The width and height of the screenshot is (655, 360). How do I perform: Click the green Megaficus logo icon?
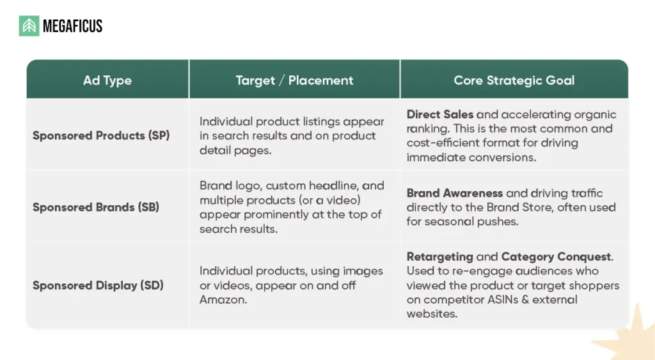pos(29,26)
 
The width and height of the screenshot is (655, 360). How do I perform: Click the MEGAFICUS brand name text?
pos(72,26)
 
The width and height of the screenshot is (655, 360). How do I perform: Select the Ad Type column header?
pos(107,81)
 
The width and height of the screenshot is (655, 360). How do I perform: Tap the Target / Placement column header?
pos(294,81)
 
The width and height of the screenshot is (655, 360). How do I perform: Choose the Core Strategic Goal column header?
pos(514,81)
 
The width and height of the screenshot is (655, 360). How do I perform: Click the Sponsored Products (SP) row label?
pos(101,135)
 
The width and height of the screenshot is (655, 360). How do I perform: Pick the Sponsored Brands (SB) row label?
pos(96,207)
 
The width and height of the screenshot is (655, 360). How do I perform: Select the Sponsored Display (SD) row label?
pos(98,285)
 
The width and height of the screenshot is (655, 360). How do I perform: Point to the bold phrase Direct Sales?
pos(440,114)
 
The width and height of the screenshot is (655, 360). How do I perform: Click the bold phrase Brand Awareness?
pos(455,193)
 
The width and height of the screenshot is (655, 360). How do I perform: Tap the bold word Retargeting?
pos(440,257)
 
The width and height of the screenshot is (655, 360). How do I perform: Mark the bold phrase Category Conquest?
pos(556,257)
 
